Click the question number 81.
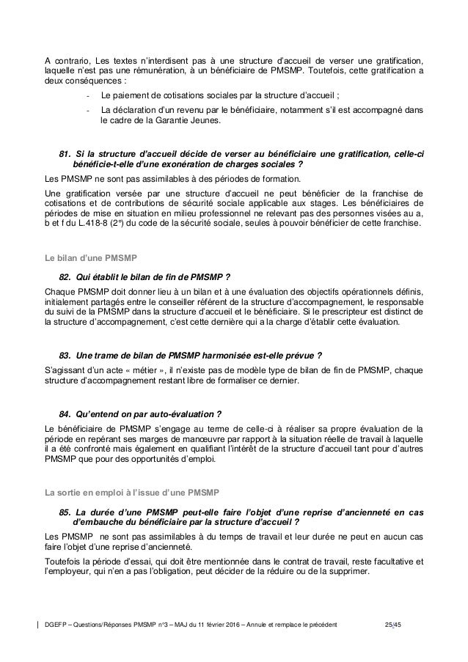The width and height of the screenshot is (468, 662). [64, 152]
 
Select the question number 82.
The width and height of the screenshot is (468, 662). [64, 276]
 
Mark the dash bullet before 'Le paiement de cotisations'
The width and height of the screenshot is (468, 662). [88, 95]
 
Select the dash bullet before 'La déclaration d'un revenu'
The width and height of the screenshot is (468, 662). [88, 111]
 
